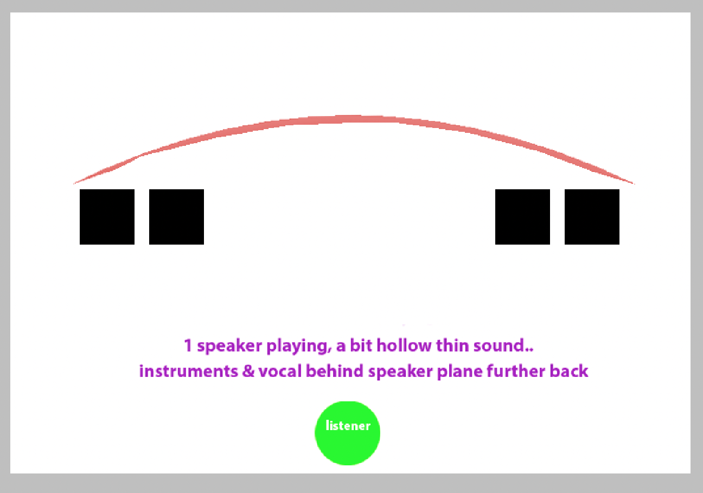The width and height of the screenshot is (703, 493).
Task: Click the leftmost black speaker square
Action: point(107,217)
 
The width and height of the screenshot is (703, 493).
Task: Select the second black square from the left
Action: point(176,217)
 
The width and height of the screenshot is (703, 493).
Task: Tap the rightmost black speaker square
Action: point(592,217)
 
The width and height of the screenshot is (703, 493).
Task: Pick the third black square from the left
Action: point(522,217)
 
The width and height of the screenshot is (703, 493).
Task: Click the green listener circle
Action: point(347,433)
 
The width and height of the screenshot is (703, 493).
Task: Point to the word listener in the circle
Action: point(348,426)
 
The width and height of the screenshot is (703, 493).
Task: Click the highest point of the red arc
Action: point(358,118)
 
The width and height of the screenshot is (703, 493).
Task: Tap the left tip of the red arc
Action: point(73,183)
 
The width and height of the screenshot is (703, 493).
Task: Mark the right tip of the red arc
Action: point(635,183)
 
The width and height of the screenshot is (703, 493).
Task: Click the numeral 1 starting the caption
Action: point(188,345)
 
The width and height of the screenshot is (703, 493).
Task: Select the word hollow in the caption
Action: point(404,345)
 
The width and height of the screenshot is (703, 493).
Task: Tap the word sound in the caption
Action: point(499,345)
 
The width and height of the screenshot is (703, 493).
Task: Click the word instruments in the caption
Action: point(189,371)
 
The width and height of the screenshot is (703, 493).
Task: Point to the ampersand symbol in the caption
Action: point(248,371)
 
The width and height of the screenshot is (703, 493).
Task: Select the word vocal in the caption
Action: point(280,371)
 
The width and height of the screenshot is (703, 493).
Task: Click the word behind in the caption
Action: point(335,371)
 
